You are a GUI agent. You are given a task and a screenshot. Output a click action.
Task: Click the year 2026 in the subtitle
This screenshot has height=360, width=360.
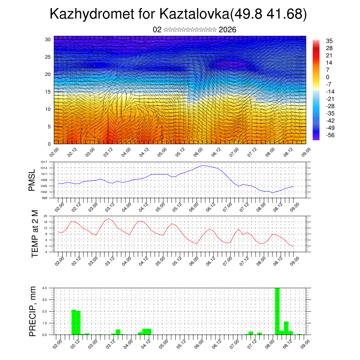click(x=227, y=30)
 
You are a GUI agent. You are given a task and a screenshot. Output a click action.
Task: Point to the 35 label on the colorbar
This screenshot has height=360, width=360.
click(x=329, y=41)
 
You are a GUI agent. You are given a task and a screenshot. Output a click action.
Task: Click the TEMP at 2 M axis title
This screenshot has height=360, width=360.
click(x=35, y=234)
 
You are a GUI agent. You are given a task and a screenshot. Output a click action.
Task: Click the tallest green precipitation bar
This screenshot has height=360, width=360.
click(x=277, y=311)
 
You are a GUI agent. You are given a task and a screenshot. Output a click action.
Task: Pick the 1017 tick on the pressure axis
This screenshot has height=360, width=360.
click(x=44, y=162)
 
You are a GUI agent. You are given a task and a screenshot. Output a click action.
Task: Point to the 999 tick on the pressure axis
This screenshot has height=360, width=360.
click(x=45, y=198)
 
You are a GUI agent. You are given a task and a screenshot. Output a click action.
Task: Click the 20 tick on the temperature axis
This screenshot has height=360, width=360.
click(x=45, y=216)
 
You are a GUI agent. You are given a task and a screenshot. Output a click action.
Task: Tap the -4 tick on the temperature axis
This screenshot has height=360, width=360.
click(x=46, y=252)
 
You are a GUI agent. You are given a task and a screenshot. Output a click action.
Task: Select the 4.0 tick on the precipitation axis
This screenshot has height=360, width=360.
click(x=45, y=288)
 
